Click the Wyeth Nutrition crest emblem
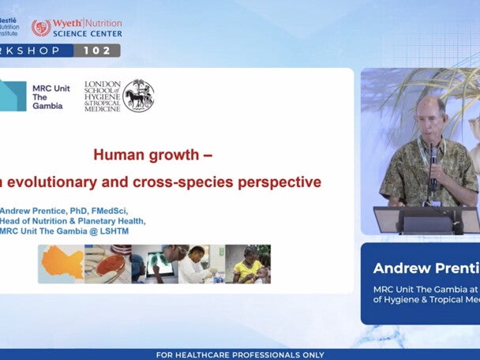tap(41, 28)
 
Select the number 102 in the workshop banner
tap(98, 51)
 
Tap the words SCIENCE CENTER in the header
tap(88, 34)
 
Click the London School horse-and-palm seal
tap(138, 96)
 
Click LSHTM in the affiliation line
tap(111, 231)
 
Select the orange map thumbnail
tap(61, 264)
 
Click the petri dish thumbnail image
tap(108, 264)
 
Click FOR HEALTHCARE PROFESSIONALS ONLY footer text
tap(239, 354)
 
